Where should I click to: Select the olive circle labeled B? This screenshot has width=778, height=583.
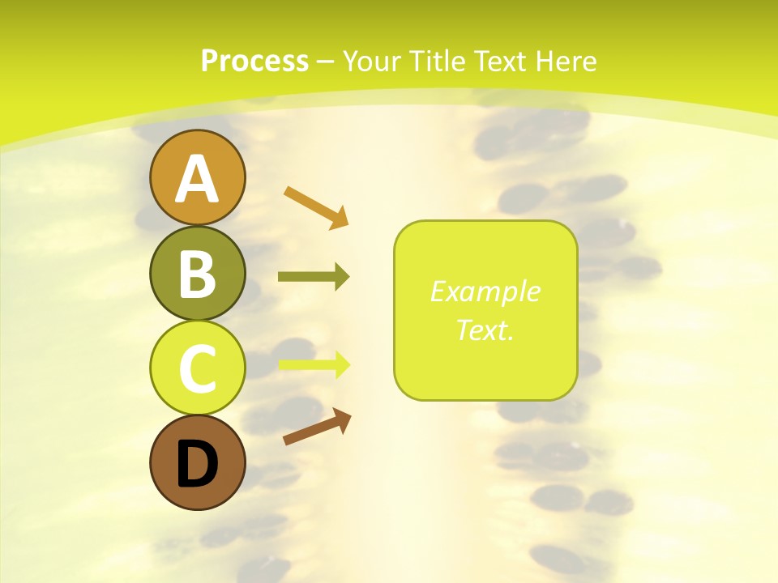click(197, 273)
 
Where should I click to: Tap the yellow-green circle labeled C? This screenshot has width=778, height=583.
click(197, 368)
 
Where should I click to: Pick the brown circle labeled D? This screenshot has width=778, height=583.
click(197, 462)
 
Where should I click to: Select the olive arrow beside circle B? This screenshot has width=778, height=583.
click(313, 277)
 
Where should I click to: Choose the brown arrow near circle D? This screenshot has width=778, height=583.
click(317, 426)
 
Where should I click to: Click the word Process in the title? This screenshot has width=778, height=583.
click(254, 61)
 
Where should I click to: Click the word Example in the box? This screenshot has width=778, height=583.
click(485, 291)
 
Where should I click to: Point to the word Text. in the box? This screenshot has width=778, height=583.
click(485, 330)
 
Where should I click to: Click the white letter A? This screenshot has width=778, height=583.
click(197, 180)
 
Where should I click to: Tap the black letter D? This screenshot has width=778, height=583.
click(197, 464)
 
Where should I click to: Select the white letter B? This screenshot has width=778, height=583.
click(197, 274)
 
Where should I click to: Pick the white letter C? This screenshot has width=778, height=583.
click(197, 368)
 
